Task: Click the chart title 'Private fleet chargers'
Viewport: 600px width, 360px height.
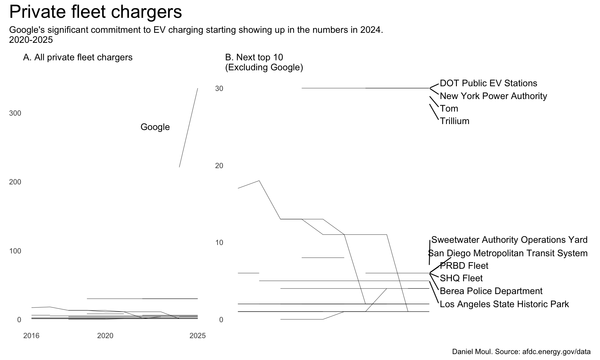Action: tap(96, 12)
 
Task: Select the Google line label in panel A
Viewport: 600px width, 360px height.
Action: tap(155, 127)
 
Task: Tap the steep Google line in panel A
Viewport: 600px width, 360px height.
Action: tap(188, 127)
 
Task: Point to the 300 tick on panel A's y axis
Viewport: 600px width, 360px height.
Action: tap(15, 113)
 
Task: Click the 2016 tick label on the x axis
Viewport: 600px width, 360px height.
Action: tap(31, 336)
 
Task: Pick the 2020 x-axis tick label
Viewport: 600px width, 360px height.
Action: tap(105, 336)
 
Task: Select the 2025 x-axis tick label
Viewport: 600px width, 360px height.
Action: tap(197, 336)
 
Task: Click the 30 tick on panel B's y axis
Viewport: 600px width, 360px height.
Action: tap(219, 88)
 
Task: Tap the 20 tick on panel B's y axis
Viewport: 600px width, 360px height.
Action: tap(219, 166)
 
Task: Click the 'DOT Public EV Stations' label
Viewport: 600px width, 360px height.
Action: tap(488, 83)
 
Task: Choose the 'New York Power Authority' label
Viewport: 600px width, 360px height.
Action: tap(493, 96)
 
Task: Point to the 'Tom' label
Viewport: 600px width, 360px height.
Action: tap(449, 108)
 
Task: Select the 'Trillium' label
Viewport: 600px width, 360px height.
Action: tap(455, 121)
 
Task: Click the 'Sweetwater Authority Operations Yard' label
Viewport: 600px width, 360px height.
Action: tap(509, 240)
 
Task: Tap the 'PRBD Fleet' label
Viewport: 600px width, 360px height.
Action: tap(464, 266)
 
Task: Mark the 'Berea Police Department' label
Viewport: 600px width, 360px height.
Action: tap(491, 291)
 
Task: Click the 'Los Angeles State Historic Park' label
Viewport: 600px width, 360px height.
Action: tap(504, 304)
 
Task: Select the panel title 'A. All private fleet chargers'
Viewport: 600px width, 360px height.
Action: tap(78, 57)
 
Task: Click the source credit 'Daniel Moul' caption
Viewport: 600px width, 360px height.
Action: tap(521, 352)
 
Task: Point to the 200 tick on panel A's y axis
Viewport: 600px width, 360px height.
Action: tap(15, 182)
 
